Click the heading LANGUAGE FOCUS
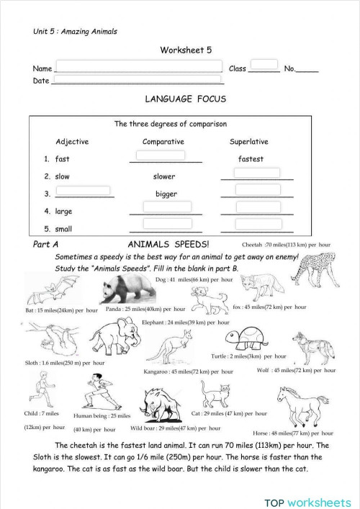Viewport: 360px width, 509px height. tap(185, 99)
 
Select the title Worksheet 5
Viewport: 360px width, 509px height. tap(185, 50)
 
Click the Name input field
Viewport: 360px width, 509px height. tap(138, 66)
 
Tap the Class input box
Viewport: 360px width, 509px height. tap(264, 65)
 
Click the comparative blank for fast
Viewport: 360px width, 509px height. tap(160, 156)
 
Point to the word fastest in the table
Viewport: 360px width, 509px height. tap(251, 158)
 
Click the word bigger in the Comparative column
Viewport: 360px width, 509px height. tap(166, 194)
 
